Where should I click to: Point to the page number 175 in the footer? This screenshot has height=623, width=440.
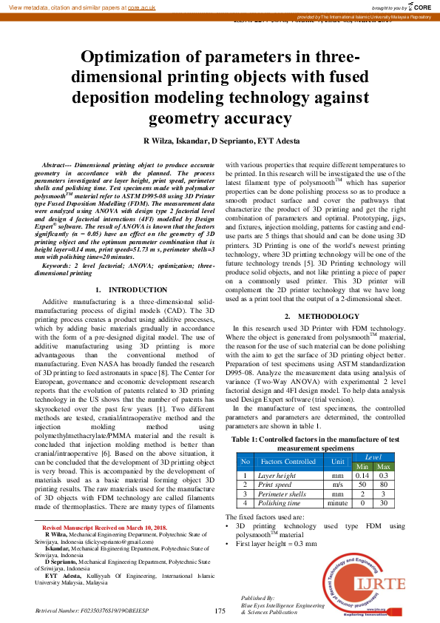(220, 611)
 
